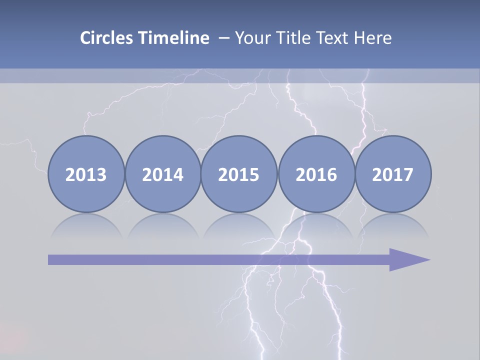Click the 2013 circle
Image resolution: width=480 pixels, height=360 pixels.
pos(86,174)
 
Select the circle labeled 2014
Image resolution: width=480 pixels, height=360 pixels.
pos(162,174)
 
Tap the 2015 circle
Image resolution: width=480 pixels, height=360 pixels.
pos(239,174)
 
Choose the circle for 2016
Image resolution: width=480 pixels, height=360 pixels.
pos(316,174)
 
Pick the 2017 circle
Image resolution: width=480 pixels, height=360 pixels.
pos(392,174)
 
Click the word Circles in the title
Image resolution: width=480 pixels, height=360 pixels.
pos(107,38)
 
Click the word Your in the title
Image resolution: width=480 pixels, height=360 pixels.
pos(252,38)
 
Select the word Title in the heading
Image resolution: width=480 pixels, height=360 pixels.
pos(292,38)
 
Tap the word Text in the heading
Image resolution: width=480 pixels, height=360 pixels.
pos(333,38)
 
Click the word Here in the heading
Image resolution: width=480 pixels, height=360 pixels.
pos(372,38)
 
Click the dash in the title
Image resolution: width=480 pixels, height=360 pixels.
pos(223,38)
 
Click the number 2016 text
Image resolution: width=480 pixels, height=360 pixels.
pos(316,174)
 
